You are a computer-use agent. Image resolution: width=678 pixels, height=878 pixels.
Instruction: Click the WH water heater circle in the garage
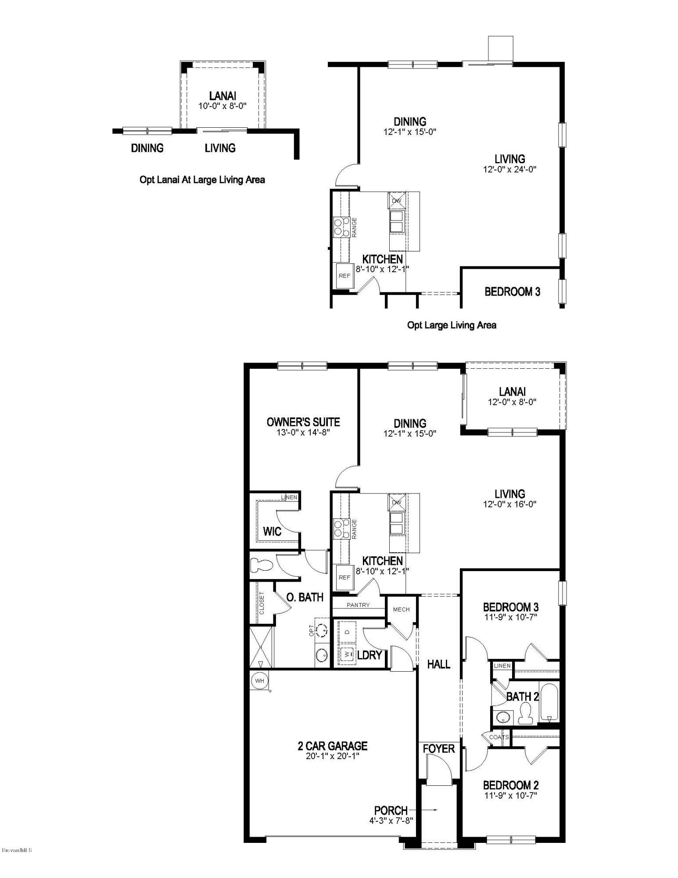click(259, 681)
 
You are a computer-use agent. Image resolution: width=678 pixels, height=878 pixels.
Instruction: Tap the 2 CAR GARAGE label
click(332, 746)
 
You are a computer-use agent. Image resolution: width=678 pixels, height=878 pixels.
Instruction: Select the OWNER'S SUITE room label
click(303, 422)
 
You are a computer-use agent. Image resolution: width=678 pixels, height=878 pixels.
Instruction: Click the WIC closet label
click(272, 531)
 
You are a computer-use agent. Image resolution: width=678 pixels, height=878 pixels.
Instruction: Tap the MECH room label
click(401, 609)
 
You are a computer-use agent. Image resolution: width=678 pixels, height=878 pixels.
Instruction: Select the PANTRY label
click(358, 605)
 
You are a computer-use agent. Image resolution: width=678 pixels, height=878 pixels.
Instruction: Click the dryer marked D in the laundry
click(348, 631)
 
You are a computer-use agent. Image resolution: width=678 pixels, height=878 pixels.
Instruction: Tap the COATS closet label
click(499, 737)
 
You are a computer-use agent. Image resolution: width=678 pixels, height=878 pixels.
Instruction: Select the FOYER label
click(438, 749)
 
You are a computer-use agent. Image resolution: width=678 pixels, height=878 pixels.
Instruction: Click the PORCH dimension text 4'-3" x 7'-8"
click(391, 820)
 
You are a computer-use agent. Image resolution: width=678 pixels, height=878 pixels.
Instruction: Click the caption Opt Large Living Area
click(452, 325)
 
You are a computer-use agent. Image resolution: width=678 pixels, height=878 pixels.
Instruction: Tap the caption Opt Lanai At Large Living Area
click(202, 180)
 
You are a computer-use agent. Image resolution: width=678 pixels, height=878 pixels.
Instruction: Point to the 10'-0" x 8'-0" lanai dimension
click(222, 106)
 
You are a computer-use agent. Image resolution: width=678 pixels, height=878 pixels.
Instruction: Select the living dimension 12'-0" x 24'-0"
click(510, 169)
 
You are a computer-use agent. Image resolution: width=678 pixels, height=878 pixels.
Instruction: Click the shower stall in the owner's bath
click(261, 647)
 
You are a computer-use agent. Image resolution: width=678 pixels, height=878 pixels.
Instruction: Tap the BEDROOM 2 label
click(511, 785)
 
